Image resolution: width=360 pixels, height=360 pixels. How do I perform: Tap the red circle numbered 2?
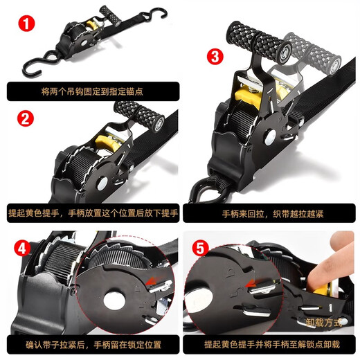coord(25,118)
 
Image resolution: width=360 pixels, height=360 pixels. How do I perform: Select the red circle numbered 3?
coord(216,56)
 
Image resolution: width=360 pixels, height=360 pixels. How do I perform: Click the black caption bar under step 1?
coord(89,91)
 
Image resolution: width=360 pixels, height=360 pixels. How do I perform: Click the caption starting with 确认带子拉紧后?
coord(89,344)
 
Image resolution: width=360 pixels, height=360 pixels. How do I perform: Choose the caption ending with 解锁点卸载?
coord(270,344)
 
